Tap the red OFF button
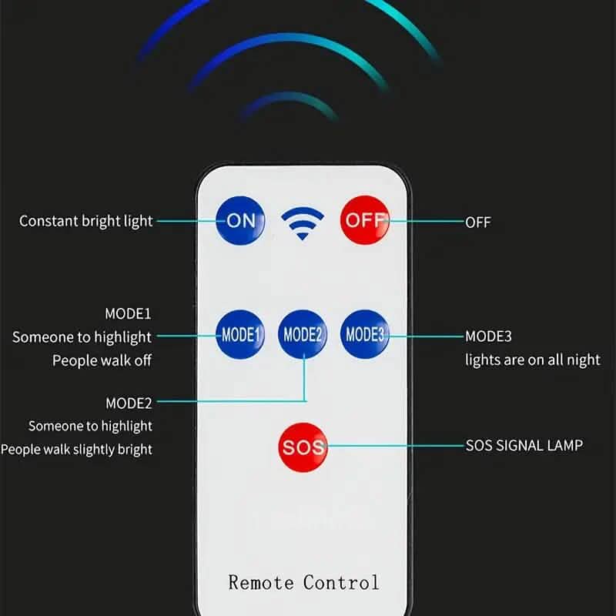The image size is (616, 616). point(365,219)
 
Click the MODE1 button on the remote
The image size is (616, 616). point(240,335)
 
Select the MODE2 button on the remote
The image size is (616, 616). point(303,334)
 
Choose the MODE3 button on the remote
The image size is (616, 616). point(365,334)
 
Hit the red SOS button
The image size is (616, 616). point(303,447)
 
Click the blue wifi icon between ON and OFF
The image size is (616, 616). point(302,222)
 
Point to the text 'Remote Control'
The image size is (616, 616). point(303,582)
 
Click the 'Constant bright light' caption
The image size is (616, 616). point(86,221)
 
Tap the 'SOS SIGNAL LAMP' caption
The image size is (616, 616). point(524,445)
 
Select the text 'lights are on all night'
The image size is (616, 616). point(532,360)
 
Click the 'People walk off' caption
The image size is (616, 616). point(102,360)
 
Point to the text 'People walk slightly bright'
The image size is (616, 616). point(76,449)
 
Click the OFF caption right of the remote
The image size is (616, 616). point(477,223)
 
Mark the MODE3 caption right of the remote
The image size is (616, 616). point(488,336)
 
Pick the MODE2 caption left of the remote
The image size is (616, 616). point(129,402)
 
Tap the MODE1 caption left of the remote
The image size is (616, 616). point(129,313)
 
